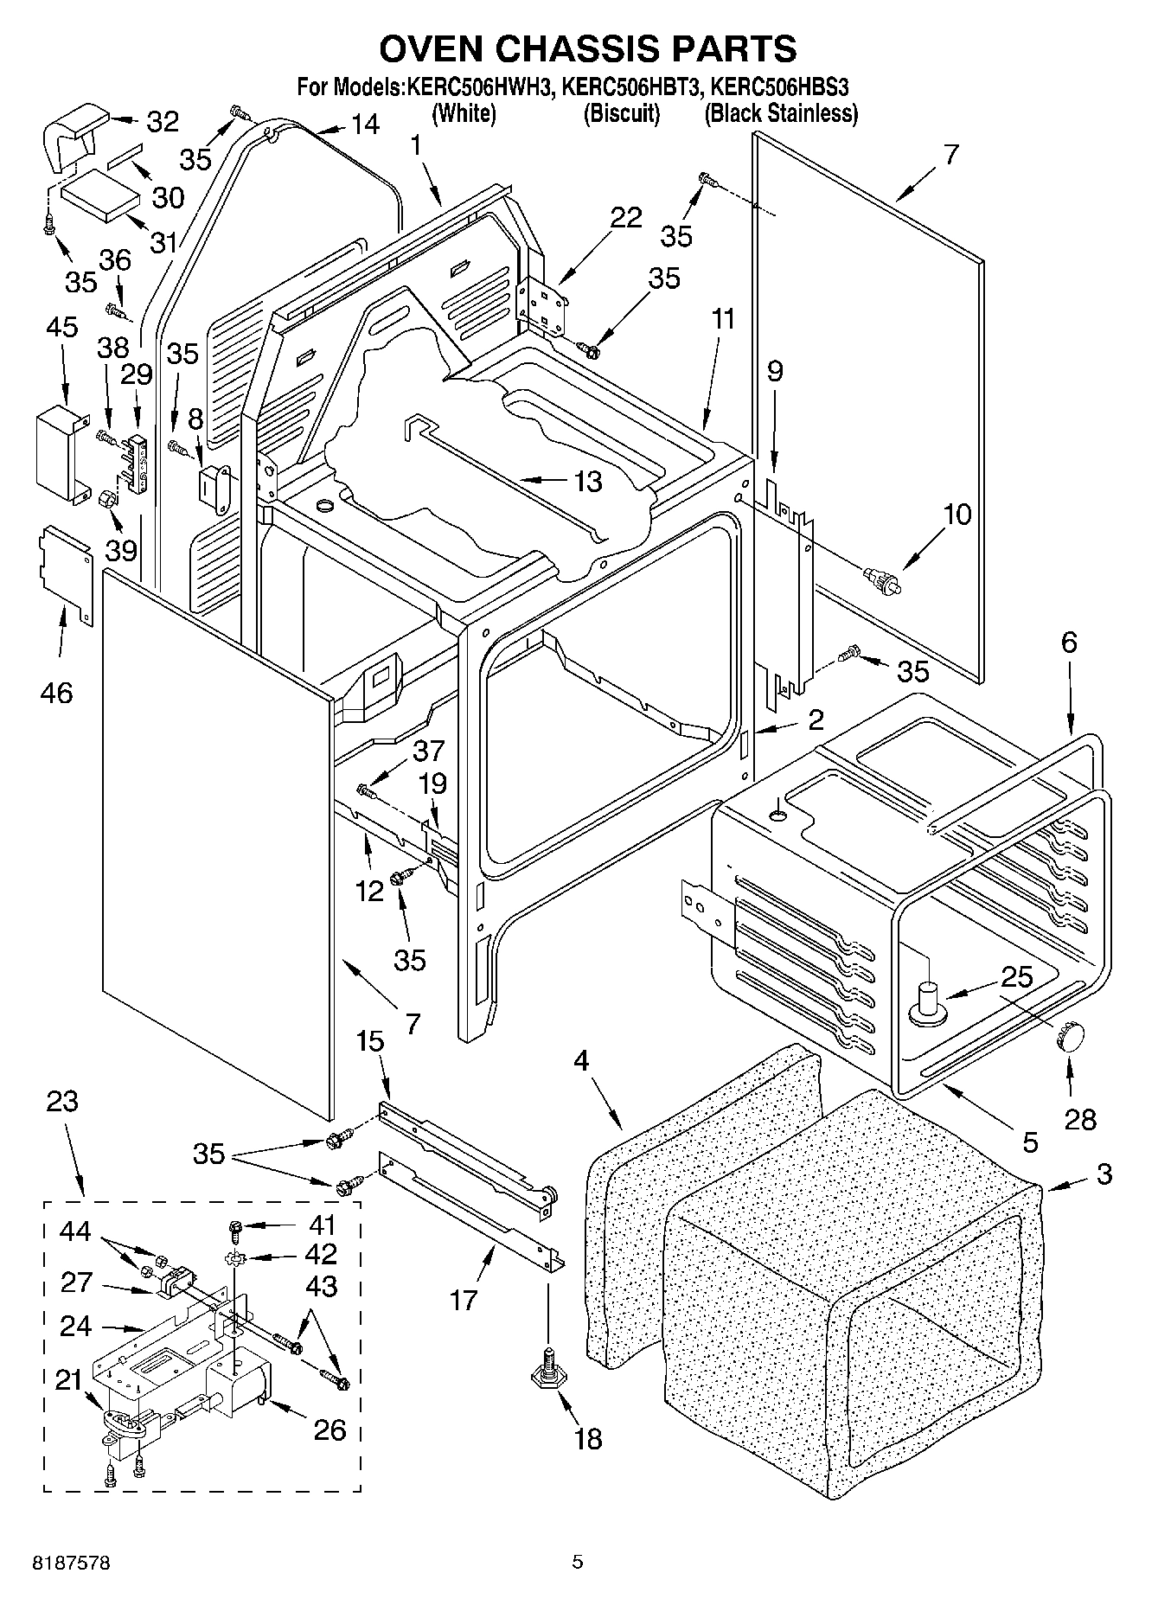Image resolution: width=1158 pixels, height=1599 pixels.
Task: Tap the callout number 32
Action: pyautogui.click(x=162, y=122)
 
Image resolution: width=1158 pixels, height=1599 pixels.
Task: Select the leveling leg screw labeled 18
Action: pyautogui.click(x=547, y=1372)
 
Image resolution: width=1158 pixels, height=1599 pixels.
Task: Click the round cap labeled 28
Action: pyautogui.click(x=1070, y=1035)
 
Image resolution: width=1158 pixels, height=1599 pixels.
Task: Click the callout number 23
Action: pyautogui.click(x=62, y=1101)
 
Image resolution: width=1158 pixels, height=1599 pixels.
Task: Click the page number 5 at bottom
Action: pyautogui.click(x=578, y=1562)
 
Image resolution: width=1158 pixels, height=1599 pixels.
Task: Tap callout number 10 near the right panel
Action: pyautogui.click(x=956, y=515)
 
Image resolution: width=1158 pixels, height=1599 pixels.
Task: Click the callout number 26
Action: pyautogui.click(x=329, y=1430)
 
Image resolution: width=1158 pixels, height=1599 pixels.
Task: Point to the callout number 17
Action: pyautogui.click(x=464, y=1299)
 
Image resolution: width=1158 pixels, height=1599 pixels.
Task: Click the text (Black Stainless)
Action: pyautogui.click(x=781, y=113)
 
